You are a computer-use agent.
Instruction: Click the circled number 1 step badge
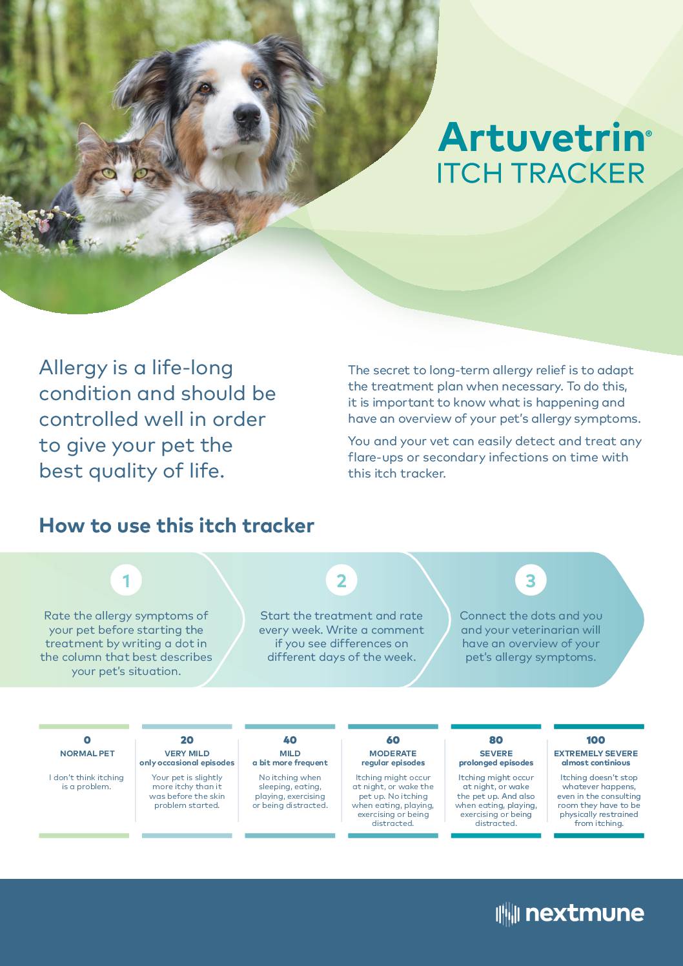click(x=126, y=581)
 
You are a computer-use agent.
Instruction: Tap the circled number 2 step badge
click(x=341, y=581)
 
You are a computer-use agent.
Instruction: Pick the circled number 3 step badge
click(x=531, y=581)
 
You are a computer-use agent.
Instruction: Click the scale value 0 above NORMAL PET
click(x=87, y=740)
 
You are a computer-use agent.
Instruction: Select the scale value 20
click(x=187, y=740)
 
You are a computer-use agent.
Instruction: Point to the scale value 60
click(x=393, y=740)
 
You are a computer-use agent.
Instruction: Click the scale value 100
click(x=596, y=740)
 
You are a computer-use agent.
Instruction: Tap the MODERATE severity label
click(x=393, y=754)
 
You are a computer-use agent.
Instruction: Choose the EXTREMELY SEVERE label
click(x=596, y=754)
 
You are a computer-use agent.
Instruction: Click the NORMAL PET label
click(x=87, y=754)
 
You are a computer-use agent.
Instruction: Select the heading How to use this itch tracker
click(x=176, y=526)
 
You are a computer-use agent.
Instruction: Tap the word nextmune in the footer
click(x=585, y=914)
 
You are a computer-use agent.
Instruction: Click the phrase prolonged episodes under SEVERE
click(x=496, y=763)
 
